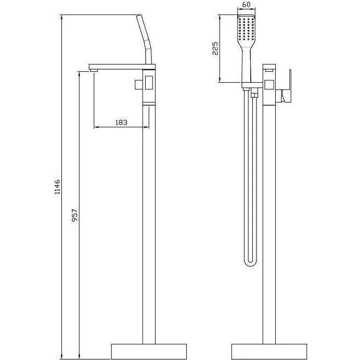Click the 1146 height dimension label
point(57,187)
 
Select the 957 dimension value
point(75,215)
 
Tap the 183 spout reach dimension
point(121,122)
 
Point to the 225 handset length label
point(215,48)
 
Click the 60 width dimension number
point(246,5)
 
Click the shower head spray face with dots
point(247,29)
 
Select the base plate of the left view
point(149,351)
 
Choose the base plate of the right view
point(269,351)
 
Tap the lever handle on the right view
point(288,86)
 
